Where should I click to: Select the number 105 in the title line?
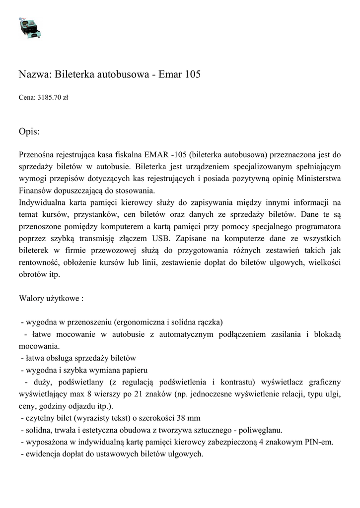(x=192, y=75)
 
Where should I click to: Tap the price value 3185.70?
(x=49, y=98)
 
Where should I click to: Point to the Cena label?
(x=27, y=98)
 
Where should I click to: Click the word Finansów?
(x=35, y=190)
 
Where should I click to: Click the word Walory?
(x=31, y=299)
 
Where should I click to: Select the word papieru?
(x=135, y=370)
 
